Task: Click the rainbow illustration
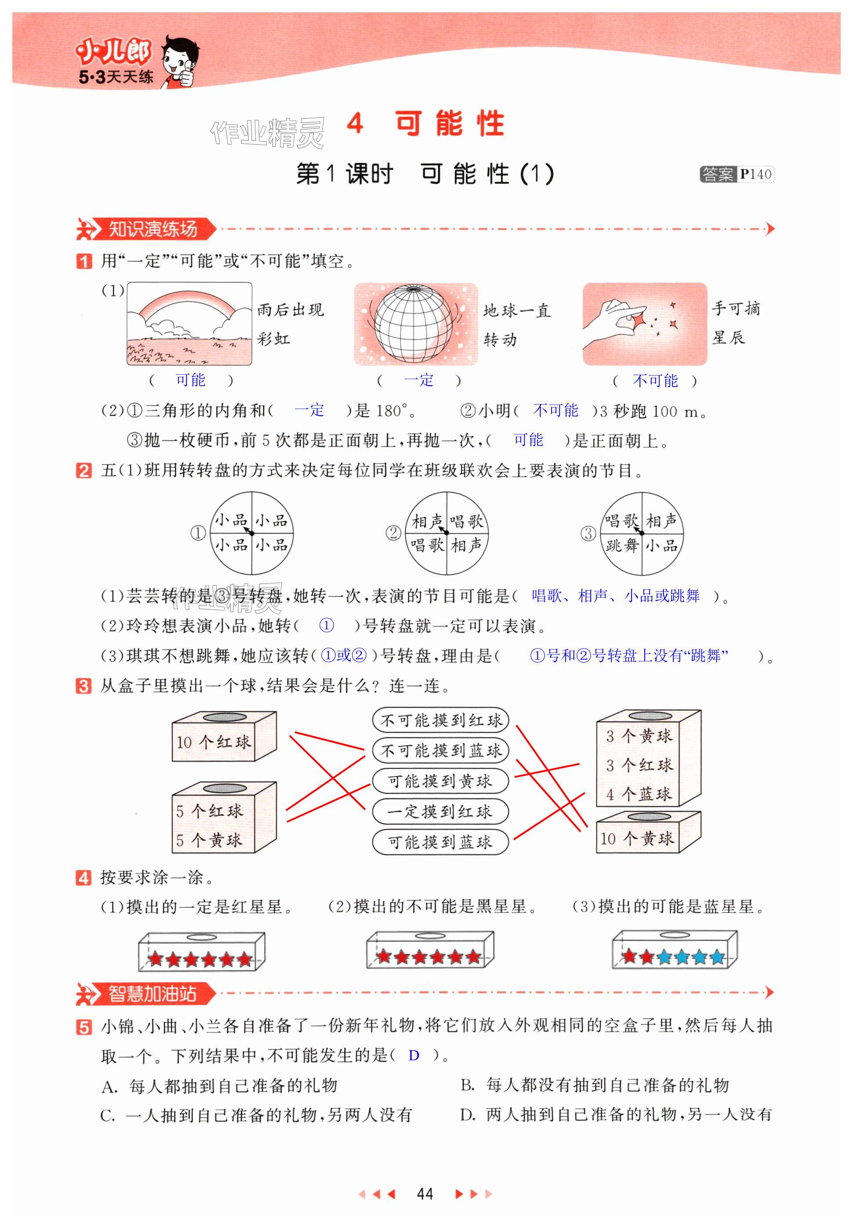click(x=189, y=324)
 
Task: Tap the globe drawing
click(x=416, y=324)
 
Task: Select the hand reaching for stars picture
click(x=645, y=324)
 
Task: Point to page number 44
click(x=425, y=1194)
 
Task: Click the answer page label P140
click(x=756, y=174)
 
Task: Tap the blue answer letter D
click(x=414, y=1055)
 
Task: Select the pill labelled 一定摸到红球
click(x=440, y=811)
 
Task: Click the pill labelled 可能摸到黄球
click(x=440, y=781)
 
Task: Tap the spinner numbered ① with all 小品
click(x=251, y=533)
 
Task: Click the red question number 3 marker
click(x=83, y=686)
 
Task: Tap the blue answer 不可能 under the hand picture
click(x=655, y=381)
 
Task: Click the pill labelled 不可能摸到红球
click(x=440, y=720)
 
